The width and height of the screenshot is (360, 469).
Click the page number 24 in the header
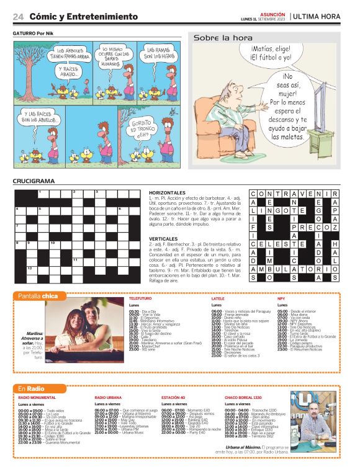click(x=18, y=16)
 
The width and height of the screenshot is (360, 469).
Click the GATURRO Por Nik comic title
click(x=34, y=33)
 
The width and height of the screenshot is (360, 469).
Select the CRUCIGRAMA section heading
click(x=34, y=181)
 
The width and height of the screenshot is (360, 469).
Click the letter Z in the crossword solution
click(x=335, y=227)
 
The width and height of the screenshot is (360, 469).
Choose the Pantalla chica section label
click(x=38, y=295)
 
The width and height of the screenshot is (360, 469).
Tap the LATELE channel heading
click(x=218, y=298)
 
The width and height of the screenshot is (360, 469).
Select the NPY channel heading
click(x=281, y=298)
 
